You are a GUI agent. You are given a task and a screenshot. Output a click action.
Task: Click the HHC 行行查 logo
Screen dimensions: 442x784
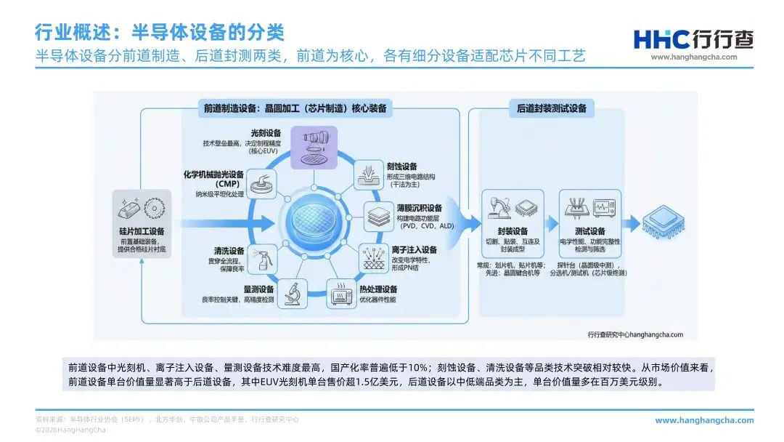[685, 39]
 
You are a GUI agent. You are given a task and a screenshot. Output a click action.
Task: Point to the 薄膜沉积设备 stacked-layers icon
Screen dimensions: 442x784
[379, 217]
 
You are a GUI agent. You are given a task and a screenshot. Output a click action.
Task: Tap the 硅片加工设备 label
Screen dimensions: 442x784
[143, 231]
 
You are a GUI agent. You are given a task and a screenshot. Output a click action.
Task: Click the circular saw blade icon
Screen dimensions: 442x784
[155, 209]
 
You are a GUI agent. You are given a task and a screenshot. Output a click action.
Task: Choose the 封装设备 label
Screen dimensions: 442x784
[513, 231]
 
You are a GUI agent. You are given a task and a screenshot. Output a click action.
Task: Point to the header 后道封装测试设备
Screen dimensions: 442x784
[551, 109]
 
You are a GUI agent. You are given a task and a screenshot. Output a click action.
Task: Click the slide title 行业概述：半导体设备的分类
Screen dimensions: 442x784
[160, 32]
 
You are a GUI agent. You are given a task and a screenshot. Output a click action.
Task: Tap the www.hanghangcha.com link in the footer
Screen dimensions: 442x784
[703, 420]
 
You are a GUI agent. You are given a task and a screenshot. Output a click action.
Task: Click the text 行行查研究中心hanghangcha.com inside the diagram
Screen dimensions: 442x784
[635, 334]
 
